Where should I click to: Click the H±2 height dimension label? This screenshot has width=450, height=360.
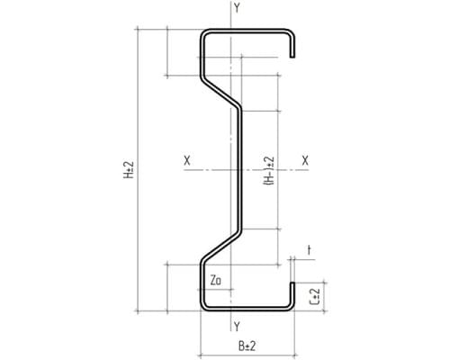click(x=129, y=170)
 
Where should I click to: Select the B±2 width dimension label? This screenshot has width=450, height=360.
click(x=247, y=346)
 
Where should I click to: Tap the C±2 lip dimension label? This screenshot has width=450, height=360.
click(x=314, y=297)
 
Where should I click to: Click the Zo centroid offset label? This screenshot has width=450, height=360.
click(x=216, y=280)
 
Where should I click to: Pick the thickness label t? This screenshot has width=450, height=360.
click(x=309, y=249)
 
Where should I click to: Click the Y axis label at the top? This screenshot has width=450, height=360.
click(x=237, y=8)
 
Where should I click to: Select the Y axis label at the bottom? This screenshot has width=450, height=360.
click(x=237, y=326)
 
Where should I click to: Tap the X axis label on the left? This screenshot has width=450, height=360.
click(x=187, y=160)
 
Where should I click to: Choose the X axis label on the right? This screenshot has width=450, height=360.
click(x=305, y=160)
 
